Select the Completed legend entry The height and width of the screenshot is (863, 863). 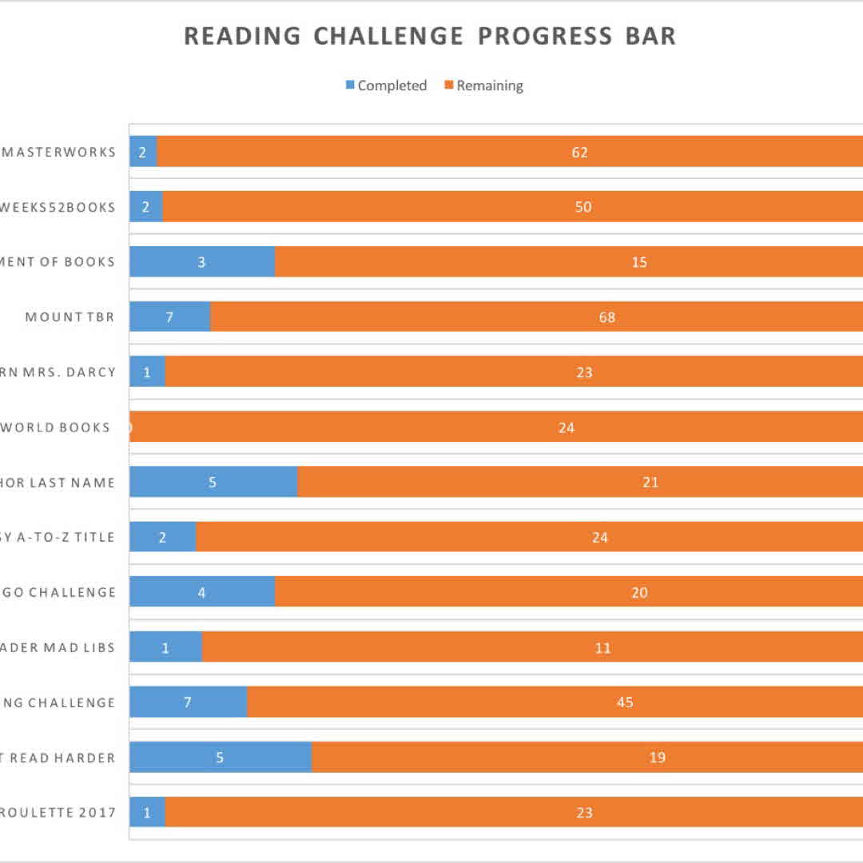387,86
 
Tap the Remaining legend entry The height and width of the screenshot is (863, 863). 484,86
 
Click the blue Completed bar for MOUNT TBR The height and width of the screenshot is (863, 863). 169,316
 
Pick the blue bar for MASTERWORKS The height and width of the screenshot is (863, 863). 143,152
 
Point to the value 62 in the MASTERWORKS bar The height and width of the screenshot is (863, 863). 580,152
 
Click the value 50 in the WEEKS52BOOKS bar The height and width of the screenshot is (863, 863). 583,207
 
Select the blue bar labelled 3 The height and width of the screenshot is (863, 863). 201,262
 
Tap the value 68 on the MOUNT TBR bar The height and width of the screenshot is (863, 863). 607,317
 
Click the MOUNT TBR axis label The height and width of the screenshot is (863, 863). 70,317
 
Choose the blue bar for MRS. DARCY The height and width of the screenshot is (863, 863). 147,372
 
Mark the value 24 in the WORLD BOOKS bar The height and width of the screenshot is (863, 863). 567,428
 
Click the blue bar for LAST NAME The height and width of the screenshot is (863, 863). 213,482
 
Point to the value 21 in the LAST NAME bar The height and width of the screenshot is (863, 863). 650,482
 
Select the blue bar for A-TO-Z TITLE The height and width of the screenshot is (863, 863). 162,537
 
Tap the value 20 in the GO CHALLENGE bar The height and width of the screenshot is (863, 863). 639,592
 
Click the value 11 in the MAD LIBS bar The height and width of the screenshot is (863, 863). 603,647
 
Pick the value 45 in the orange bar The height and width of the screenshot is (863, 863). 625,702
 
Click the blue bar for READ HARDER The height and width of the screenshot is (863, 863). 220,758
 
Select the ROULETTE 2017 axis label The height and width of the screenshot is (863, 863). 58,813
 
